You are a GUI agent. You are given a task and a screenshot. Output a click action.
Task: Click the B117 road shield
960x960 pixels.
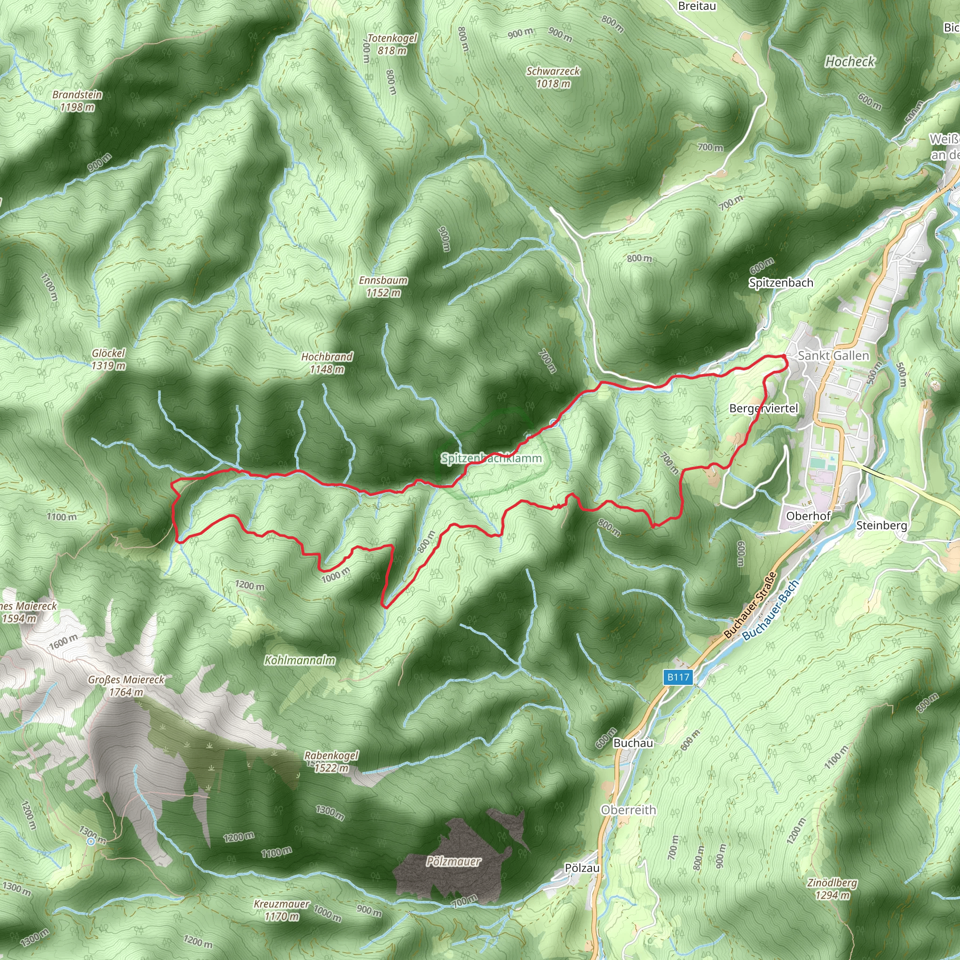click(678, 677)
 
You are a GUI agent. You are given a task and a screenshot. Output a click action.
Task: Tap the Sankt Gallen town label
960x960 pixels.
click(833, 356)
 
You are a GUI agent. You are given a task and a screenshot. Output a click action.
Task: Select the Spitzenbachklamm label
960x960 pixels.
click(491, 458)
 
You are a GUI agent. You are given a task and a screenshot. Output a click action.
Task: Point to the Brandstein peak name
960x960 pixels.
click(77, 95)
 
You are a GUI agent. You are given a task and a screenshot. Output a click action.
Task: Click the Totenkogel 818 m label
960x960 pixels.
click(392, 44)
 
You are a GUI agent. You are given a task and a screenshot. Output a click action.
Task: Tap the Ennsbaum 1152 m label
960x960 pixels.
click(383, 287)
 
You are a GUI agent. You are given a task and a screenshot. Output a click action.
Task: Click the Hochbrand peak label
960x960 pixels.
click(327, 357)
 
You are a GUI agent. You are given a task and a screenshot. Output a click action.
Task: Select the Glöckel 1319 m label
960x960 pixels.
click(108, 359)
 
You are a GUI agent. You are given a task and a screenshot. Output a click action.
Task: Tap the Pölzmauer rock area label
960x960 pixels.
click(453, 861)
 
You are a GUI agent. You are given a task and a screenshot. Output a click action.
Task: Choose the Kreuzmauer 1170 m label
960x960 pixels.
click(281, 910)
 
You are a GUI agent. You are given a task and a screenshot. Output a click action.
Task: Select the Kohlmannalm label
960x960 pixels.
click(300, 660)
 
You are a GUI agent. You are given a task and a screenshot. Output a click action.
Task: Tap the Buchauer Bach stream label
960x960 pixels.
click(770, 610)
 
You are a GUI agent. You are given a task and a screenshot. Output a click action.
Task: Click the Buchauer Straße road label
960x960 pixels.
click(750, 605)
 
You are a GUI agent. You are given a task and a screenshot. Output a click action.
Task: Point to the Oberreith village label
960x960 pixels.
click(628, 810)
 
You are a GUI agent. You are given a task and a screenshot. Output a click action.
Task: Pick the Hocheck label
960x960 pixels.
click(850, 61)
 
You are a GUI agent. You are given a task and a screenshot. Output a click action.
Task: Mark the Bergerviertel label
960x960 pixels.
click(763, 408)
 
